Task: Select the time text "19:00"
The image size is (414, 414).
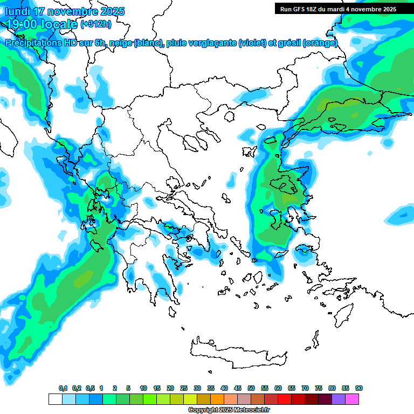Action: pyautogui.click(x=23, y=24)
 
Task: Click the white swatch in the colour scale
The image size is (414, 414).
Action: pyautogui.click(x=55, y=399)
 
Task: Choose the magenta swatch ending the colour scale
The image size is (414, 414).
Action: pyautogui.click(x=352, y=399)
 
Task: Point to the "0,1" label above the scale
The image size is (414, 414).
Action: pyautogui.click(x=63, y=389)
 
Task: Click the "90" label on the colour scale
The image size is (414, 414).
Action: pyautogui.click(x=359, y=389)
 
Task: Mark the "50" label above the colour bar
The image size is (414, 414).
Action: pyautogui.click(x=251, y=389)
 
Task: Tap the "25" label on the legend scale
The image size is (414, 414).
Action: pyautogui.click(x=184, y=389)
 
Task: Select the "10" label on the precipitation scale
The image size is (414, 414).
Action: pyautogui.click(x=143, y=389)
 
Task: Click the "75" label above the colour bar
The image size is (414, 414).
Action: pyautogui.click(x=319, y=389)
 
